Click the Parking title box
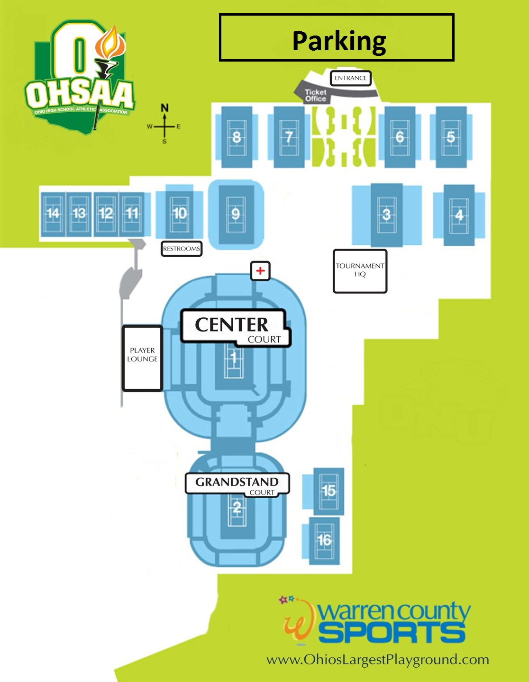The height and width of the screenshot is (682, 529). (x=337, y=38)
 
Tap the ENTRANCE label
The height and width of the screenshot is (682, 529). (x=350, y=78)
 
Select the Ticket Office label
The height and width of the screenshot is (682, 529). (x=316, y=95)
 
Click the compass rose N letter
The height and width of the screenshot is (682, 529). (x=164, y=108)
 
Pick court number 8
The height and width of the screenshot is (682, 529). (x=237, y=137)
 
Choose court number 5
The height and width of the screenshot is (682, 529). (x=451, y=137)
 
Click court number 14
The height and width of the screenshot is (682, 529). (x=53, y=214)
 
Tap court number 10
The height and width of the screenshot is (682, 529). (x=179, y=214)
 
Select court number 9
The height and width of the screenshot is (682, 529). (x=236, y=215)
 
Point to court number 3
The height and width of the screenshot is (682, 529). (x=386, y=215)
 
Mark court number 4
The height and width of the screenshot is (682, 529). (x=459, y=215)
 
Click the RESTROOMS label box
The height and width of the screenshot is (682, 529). (x=182, y=249)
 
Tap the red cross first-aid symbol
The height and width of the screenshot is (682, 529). (x=260, y=271)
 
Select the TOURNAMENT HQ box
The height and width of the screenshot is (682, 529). (x=360, y=271)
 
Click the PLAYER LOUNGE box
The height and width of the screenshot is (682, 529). (x=142, y=358)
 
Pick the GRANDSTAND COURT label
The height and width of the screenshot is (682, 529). (x=237, y=484)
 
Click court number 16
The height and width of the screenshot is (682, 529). (x=324, y=540)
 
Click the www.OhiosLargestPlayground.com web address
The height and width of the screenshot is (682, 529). (x=377, y=660)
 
